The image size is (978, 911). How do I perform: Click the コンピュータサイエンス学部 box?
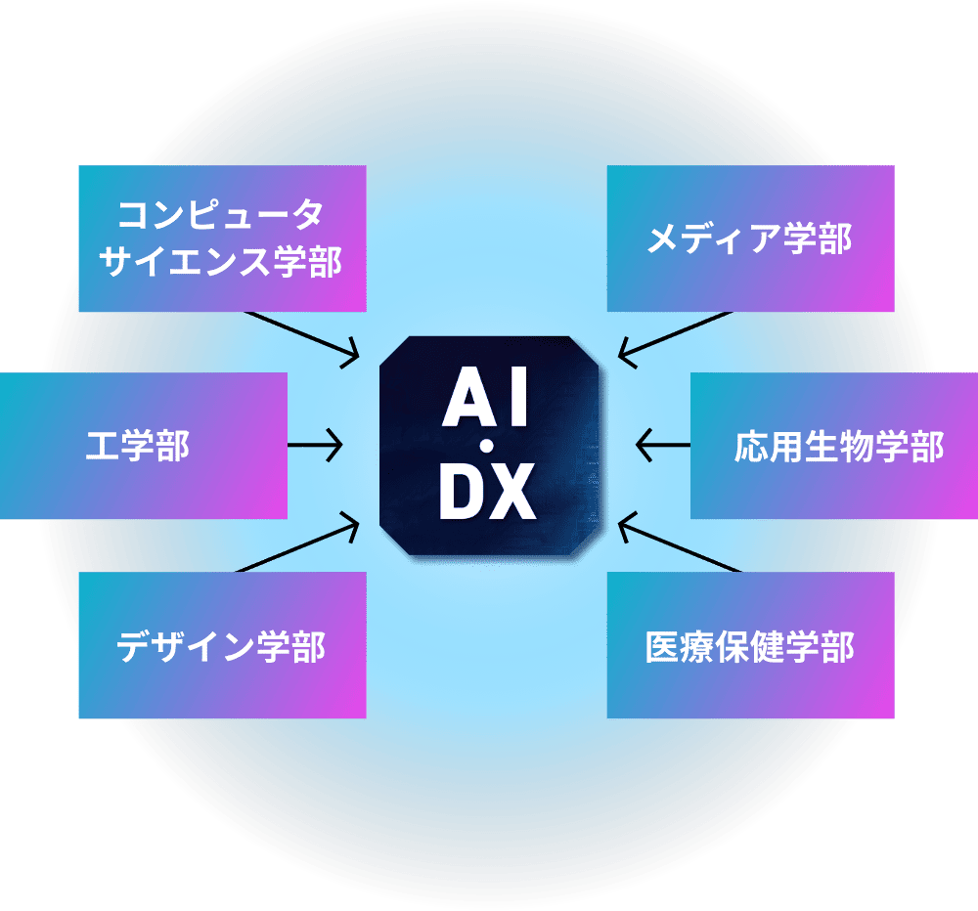coord(222,239)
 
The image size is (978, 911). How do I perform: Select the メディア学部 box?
coord(750,239)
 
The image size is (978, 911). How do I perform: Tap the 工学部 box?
coord(143,446)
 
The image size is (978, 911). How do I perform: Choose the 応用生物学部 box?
coord(834,446)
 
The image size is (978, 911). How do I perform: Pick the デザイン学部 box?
coord(222,645)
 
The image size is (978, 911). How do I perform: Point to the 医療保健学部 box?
coord(750,645)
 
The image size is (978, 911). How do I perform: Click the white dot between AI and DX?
coord(486,447)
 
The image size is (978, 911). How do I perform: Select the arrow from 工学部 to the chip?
coord(315,446)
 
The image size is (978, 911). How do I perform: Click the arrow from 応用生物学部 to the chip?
coord(662,446)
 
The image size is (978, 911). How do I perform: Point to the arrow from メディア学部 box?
coord(675,337)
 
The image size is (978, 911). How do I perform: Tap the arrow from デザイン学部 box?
coord(298,546)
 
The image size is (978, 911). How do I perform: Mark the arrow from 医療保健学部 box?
coord(677,546)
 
